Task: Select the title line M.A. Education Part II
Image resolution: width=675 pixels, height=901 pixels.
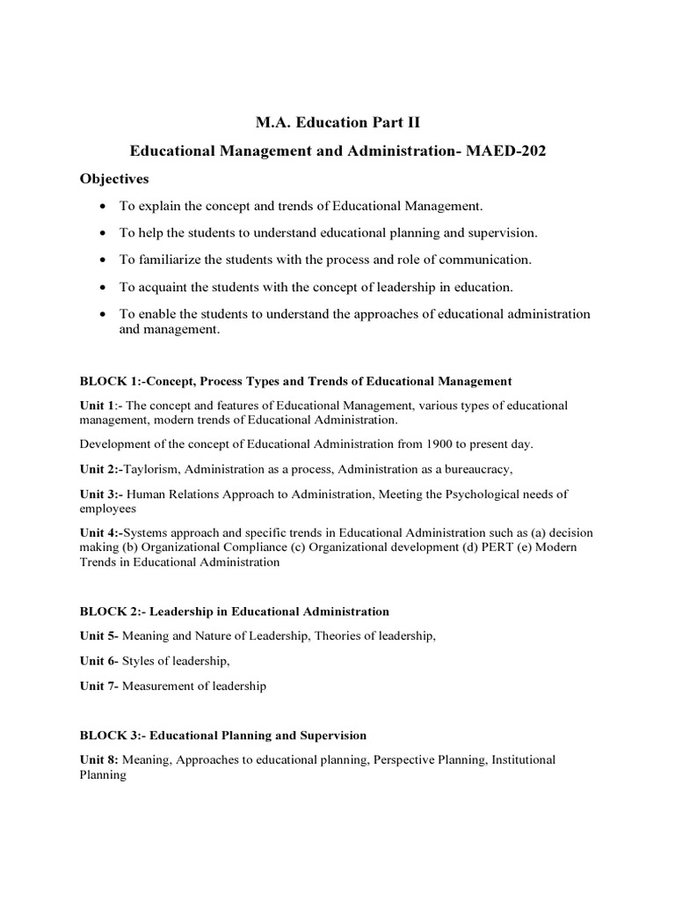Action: click(x=337, y=121)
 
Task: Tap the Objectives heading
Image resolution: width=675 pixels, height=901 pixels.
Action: click(x=115, y=179)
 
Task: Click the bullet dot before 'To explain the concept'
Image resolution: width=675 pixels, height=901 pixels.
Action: click(x=104, y=206)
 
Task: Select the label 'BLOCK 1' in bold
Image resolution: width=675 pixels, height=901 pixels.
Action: click(x=109, y=381)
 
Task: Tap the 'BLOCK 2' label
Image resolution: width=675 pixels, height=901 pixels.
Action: click(x=109, y=611)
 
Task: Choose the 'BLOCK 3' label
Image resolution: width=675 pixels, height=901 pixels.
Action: click(x=109, y=735)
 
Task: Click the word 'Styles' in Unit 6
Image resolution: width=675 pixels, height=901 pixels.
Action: click(x=140, y=660)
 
